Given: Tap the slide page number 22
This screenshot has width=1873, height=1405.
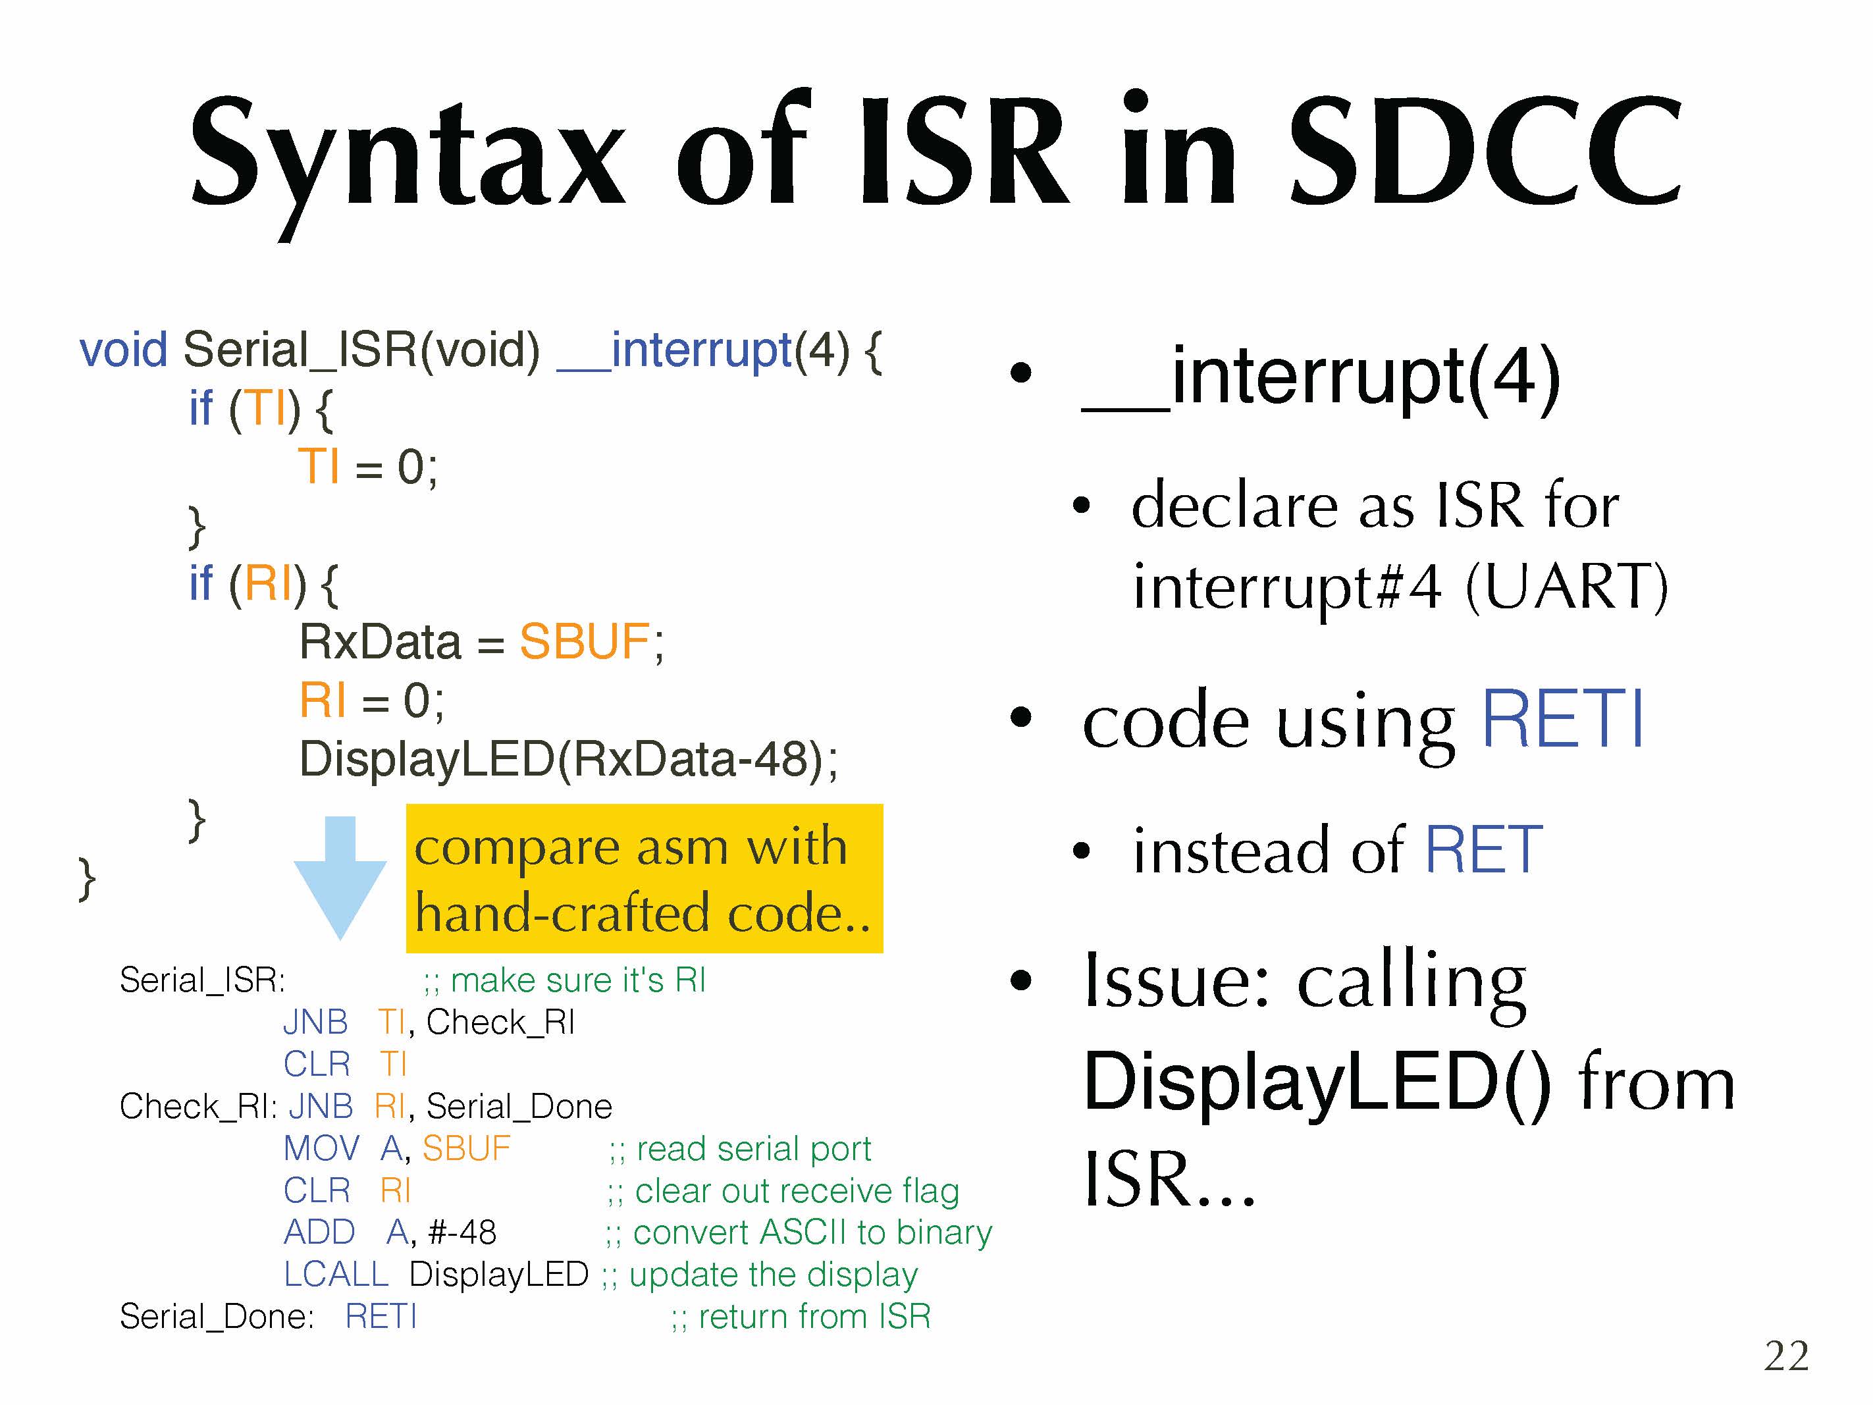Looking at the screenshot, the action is point(1787,1356).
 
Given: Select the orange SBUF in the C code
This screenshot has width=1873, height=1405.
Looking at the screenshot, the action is point(584,641).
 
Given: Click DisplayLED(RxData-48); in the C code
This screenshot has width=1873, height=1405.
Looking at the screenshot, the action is point(568,759).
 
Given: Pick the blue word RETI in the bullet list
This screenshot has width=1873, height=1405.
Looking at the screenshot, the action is point(1563,720).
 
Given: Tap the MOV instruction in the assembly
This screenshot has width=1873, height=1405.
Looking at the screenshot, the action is point(322,1148).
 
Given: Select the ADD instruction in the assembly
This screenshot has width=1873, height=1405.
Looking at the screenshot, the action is point(319,1233).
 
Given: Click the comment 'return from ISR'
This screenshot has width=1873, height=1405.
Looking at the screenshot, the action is point(801,1316).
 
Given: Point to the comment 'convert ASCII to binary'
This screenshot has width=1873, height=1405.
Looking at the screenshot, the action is point(799,1233).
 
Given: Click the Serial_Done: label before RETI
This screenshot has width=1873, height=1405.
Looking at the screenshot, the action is point(217,1316).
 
